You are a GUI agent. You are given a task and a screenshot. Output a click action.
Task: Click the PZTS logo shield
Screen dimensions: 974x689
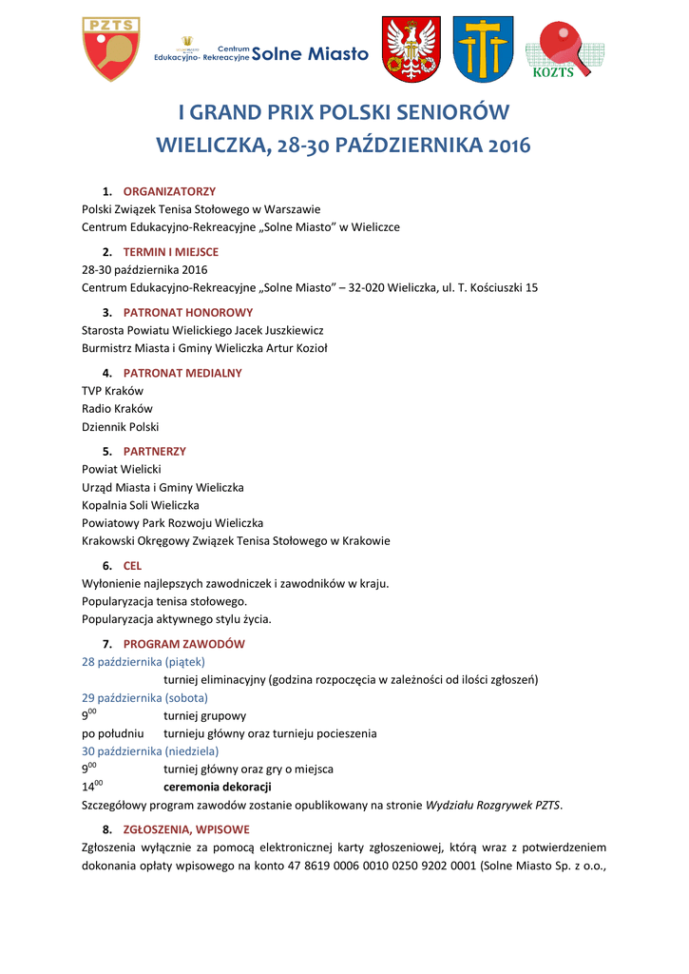tap(111, 48)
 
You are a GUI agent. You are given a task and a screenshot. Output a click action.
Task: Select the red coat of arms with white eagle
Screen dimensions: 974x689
tap(411, 49)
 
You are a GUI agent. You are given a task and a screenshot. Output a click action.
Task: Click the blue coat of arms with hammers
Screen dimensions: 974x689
tap(482, 49)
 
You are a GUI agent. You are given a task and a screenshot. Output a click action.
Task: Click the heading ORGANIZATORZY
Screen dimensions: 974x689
tap(169, 191)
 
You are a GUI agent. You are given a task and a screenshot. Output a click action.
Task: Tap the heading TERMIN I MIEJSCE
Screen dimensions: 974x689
tap(170, 252)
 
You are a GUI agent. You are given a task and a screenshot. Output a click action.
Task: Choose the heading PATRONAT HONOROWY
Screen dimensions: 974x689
tap(188, 312)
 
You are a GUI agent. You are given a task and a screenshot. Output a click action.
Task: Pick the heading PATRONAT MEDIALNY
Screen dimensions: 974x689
tap(182, 373)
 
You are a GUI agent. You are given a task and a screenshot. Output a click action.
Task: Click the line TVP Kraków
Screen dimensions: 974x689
tap(112, 391)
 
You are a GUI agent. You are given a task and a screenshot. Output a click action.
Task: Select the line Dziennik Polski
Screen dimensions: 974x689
tap(121, 427)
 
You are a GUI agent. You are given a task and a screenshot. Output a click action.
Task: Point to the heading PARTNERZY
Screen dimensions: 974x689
tap(155, 451)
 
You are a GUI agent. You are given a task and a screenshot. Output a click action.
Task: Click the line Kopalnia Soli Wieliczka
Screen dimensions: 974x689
tap(141, 505)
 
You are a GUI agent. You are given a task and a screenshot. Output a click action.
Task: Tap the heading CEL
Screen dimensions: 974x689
tap(132, 565)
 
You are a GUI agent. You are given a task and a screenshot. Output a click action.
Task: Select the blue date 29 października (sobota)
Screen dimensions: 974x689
tap(144, 697)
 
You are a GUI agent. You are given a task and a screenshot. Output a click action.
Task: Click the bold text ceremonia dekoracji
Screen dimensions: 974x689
tap(218, 787)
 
